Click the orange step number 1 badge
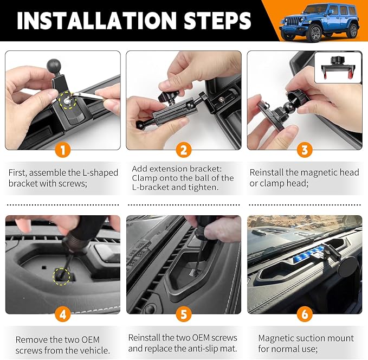pyautogui.click(x=63, y=150)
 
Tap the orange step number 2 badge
pyautogui.click(x=184, y=150)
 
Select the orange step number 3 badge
pyautogui.click(x=305, y=150)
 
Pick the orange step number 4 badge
pyautogui.click(x=63, y=314)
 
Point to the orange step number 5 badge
pyautogui.click(x=184, y=314)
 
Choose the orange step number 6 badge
pyautogui.click(x=305, y=314)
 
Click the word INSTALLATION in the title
pyautogui.click(x=96, y=21)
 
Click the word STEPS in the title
pyautogui.click(x=217, y=21)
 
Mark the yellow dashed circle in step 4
pyautogui.click(x=61, y=277)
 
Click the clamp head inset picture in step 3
pyautogui.click(x=338, y=68)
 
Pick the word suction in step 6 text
pyautogui.click(x=309, y=338)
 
